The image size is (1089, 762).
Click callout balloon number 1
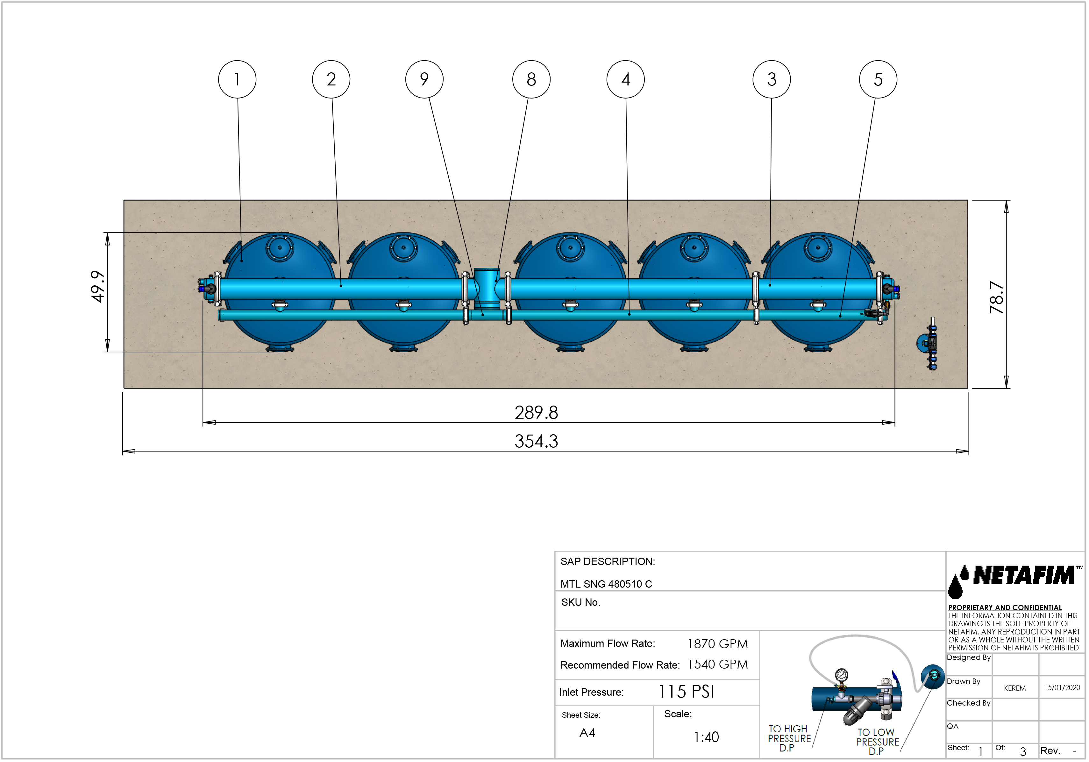pyautogui.click(x=237, y=79)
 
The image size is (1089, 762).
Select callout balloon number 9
pyautogui.click(x=424, y=79)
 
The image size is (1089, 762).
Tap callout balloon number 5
pyautogui.click(x=879, y=79)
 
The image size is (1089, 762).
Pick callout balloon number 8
pyautogui.click(x=532, y=79)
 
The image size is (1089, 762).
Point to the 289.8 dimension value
pyautogui.click(x=537, y=413)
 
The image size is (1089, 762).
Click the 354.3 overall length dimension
pyautogui.click(x=537, y=441)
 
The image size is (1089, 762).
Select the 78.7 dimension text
pyautogui.click(x=997, y=297)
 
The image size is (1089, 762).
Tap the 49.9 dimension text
pyautogui.click(x=98, y=286)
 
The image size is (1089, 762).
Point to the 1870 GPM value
pyautogui.click(x=718, y=644)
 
